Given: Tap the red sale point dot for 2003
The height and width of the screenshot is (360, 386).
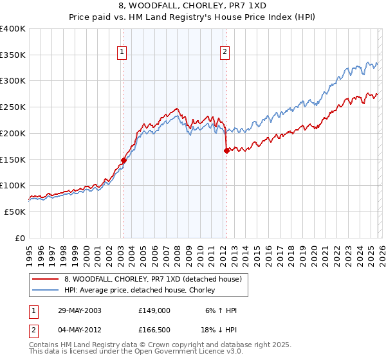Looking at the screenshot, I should click(124, 160).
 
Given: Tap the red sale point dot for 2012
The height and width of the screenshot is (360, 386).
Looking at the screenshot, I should click(226, 150).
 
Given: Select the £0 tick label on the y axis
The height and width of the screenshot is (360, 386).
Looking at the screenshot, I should click(19, 238).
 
